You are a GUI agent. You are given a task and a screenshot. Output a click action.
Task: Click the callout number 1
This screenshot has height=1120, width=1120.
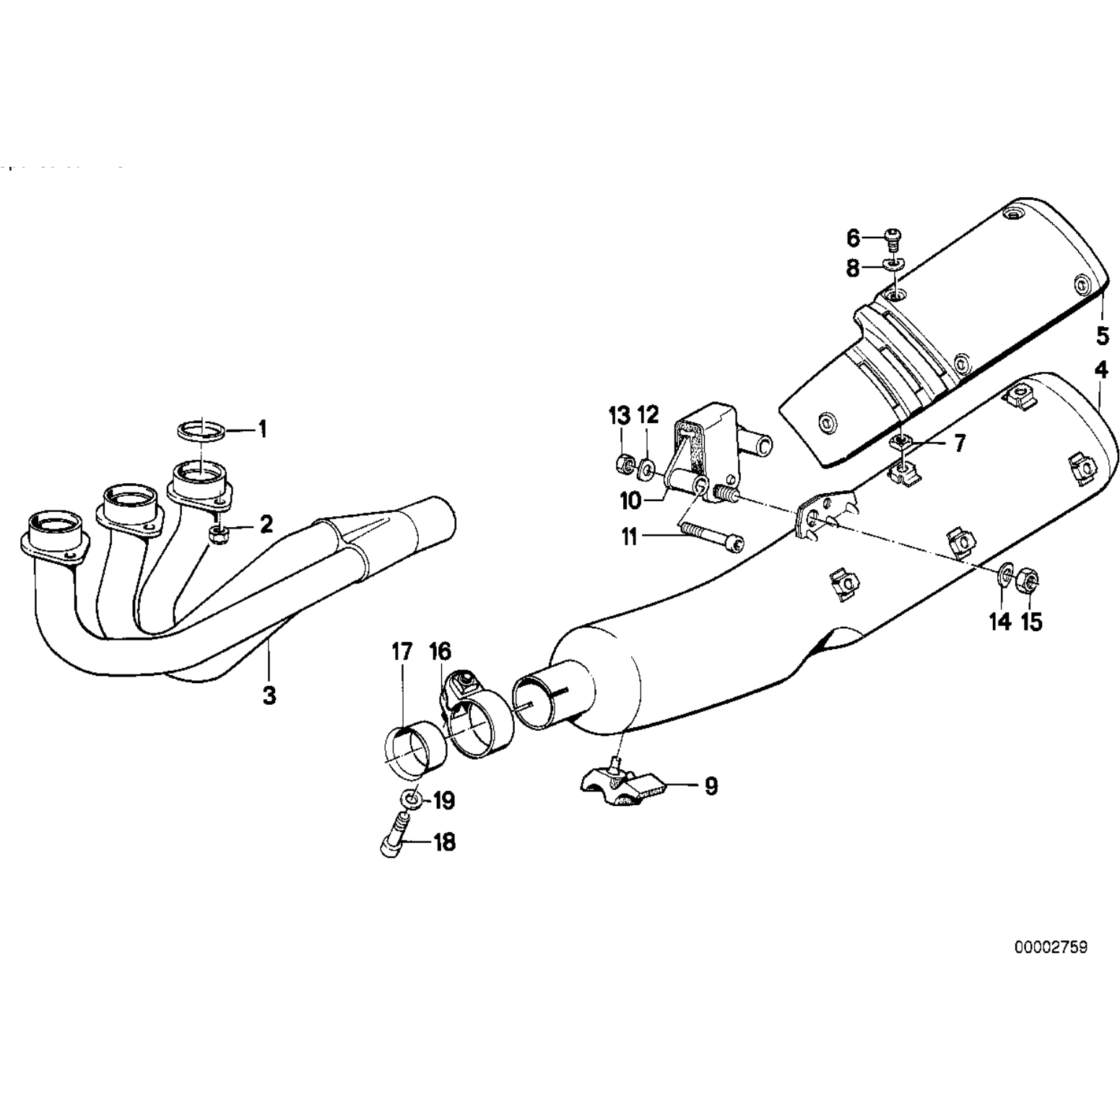(263, 430)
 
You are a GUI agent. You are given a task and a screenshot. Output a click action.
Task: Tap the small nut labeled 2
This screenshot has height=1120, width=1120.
(217, 534)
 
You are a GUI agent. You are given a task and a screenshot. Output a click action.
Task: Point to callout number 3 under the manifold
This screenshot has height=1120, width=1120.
(269, 695)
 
